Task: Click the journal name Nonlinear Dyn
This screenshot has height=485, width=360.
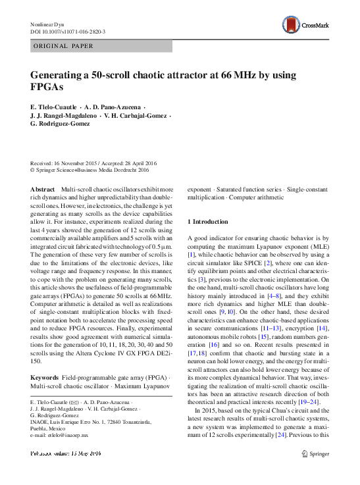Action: tap(47, 24)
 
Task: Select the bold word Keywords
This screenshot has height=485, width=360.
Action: tap(45, 377)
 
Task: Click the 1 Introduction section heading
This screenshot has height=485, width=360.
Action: tap(208, 222)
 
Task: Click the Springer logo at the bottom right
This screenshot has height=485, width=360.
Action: tap(312, 453)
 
